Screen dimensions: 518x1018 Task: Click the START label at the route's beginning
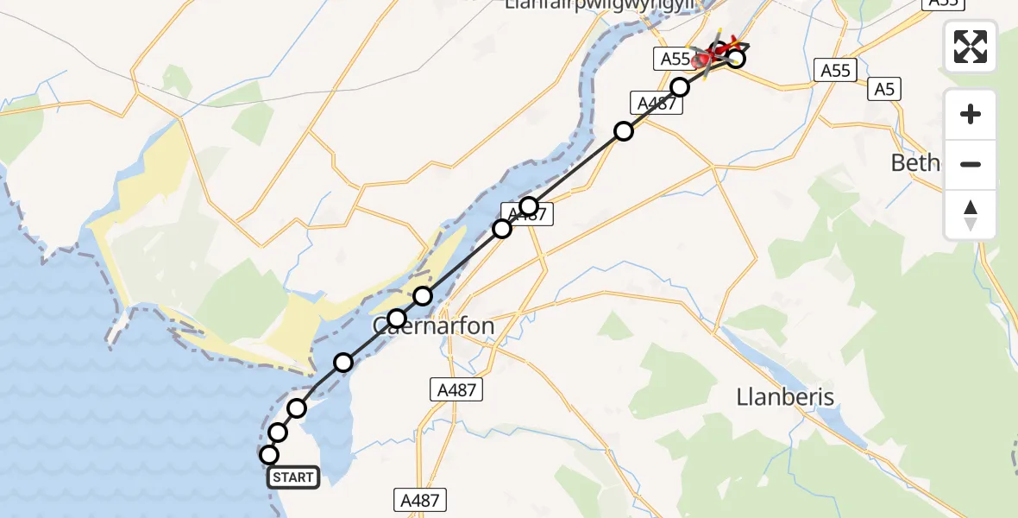[x=294, y=477]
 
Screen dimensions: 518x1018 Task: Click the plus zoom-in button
[x=971, y=114]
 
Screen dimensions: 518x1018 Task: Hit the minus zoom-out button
[x=971, y=164]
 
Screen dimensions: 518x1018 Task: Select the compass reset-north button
[x=971, y=215]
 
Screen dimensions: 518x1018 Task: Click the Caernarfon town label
[x=433, y=327]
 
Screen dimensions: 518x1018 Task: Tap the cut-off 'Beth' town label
[x=914, y=162]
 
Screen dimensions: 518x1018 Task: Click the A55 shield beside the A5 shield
[x=836, y=71]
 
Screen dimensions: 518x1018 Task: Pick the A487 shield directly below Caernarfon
[x=456, y=390]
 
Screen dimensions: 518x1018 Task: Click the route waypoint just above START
[x=278, y=433]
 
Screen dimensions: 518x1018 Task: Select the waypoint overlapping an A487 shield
[x=529, y=206]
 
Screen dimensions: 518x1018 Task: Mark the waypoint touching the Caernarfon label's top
[x=397, y=319]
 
